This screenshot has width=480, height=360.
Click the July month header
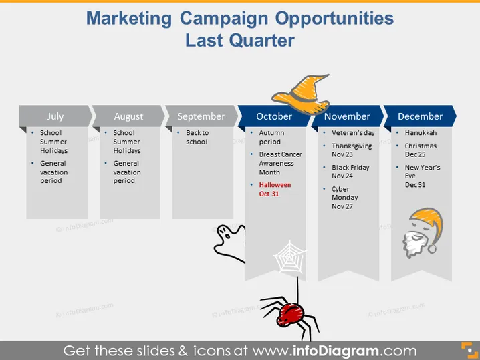tap(55, 116)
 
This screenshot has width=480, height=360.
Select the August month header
tap(128, 116)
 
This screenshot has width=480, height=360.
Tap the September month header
tap(201, 116)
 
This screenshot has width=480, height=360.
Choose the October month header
tap(274, 116)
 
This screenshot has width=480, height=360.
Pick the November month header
tap(347, 116)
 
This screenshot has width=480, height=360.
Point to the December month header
tap(420, 116)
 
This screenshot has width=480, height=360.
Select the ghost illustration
tap(230, 243)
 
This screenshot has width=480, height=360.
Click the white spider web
tap(289, 258)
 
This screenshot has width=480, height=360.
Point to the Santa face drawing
tap(423, 233)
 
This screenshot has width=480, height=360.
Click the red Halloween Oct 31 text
tap(275, 189)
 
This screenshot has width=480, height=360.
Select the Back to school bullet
tap(197, 137)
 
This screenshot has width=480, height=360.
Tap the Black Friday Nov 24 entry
tap(350, 172)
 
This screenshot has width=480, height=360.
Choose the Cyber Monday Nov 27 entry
tap(345, 198)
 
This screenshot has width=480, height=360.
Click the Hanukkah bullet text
tap(421, 132)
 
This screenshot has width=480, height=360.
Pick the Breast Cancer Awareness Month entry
tap(280, 163)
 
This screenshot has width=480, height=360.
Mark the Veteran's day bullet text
tap(353, 132)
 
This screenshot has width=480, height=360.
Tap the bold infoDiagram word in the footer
tap(336, 351)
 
